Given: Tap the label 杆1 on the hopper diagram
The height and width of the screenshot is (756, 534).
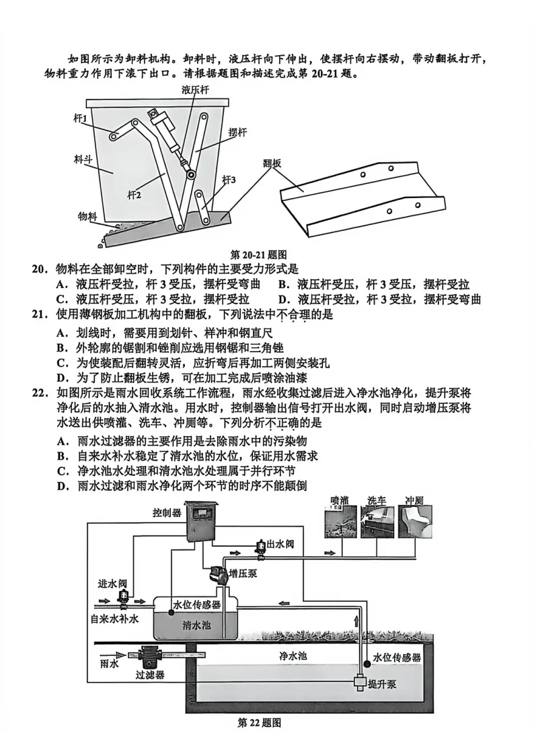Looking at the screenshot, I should [81, 118].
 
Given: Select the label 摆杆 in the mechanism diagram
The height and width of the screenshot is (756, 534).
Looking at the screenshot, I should [237, 133].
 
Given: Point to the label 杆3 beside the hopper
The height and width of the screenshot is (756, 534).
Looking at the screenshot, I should [229, 180].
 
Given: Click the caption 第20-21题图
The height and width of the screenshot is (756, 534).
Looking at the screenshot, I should [259, 254].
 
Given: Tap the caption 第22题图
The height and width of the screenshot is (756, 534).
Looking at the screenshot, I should [259, 723].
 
